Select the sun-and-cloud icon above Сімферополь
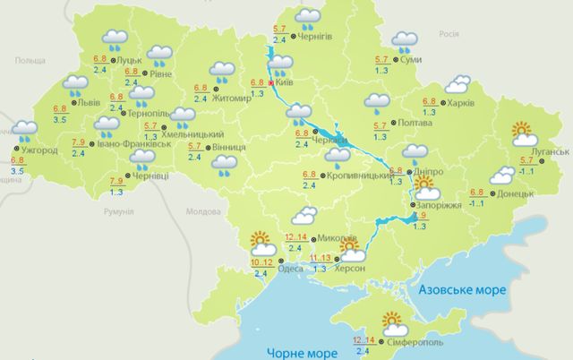395,321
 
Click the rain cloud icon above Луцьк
115,38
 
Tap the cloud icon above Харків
458,85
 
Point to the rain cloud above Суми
406,41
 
